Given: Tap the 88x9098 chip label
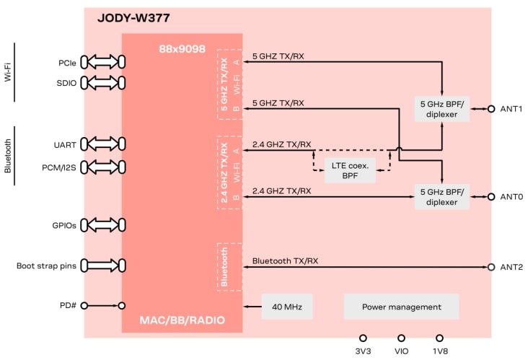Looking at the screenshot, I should pyautogui.click(x=182, y=49).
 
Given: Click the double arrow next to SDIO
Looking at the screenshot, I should pyautogui.click(x=103, y=82).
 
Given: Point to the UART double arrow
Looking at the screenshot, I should pyautogui.click(x=103, y=144).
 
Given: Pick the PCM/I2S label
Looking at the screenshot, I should pyautogui.click(x=59, y=168).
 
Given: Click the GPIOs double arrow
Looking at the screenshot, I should pyautogui.click(x=103, y=224).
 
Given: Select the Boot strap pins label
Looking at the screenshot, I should pyautogui.click(x=47, y=266).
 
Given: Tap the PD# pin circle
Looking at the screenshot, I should pyautogui.click(x=84, y=306).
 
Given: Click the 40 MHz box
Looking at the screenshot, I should pyautogui.click(x=287, y=307).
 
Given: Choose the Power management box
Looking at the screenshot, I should pyautogui.click(x=401, y=307).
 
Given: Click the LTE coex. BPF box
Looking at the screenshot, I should pyautogui.click(x=349, y=170).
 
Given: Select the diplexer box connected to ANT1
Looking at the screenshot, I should pyautogui.click(x=442, y=109).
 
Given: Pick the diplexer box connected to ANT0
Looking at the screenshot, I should pyautogui.click(x=442, y=197).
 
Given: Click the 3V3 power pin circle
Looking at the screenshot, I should pyautogui.click(x=363, y=338).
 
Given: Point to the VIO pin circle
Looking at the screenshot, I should pyautogui.click(x=401, y=338).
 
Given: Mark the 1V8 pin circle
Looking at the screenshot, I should pyautogui.click(x=439, y=338).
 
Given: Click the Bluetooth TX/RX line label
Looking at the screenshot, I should pyautogui.click(x=286, y=260).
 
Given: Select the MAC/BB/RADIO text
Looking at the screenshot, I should pyautogui.click(x=181, y=320).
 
